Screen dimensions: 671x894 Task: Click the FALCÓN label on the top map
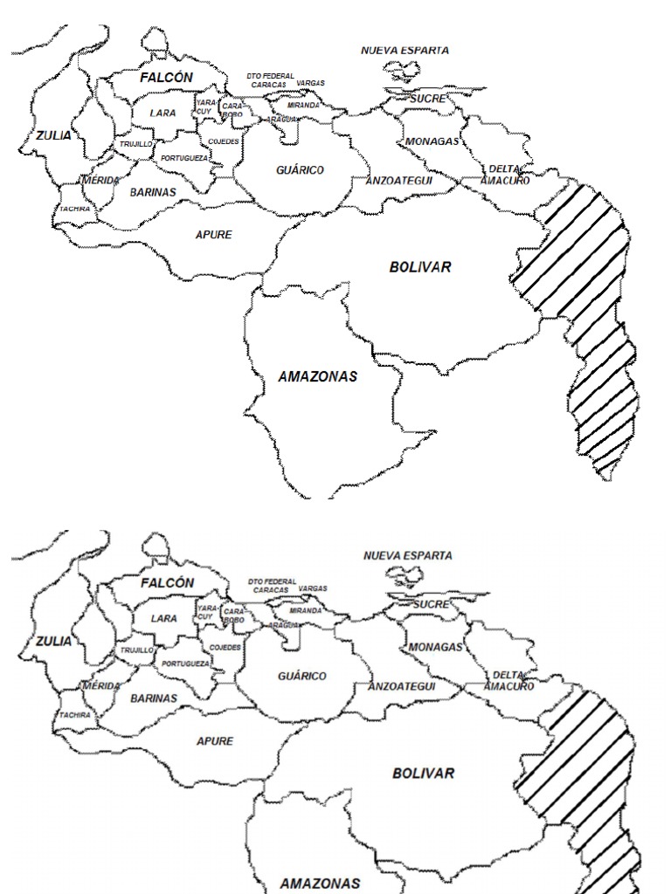pos(166,78)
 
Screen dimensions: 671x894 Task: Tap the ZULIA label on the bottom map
pos(53,641)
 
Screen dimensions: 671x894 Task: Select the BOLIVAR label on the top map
pos(420,267)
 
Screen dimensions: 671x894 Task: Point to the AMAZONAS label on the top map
pos(317,377)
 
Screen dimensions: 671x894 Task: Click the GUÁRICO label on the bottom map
pos(302,676)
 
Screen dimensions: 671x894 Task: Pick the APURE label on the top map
pos(213,235)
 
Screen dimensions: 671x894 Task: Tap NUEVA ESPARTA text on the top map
pos(405,51)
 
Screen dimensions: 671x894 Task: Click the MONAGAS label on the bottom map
pos(434,647)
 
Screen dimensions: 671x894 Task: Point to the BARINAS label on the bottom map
pos(154,698)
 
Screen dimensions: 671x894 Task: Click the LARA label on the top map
pos(163,113)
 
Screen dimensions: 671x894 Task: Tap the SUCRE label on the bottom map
pos(430,604)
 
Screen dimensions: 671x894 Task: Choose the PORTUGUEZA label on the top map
pos(184,158)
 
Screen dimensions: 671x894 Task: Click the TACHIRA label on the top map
pos(75,209)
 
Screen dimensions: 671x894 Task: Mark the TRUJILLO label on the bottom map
pos(136,650)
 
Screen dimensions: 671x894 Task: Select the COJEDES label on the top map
pos(224,141)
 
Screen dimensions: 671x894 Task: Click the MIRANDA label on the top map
pos(304,105)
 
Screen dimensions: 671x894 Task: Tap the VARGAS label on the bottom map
pos(312,588)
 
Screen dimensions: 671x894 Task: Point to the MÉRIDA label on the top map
pos(100,180)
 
